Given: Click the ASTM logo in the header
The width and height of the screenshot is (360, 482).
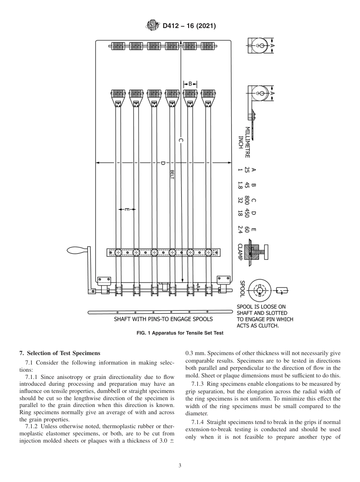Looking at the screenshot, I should tap(153, 26).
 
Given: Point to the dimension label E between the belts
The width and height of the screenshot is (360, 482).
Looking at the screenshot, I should tap(127, 209).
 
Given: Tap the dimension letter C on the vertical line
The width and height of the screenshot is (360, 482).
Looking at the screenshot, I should tap(181, 141).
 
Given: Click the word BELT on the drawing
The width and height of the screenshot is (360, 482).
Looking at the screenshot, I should tap(172, 175).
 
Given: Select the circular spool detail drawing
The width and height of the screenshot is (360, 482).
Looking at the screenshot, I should tap(260, 291).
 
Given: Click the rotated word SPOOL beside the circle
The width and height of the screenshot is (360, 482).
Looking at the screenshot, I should tap(242, 289).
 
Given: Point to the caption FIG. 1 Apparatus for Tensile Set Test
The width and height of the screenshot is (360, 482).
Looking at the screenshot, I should tap(180, 333).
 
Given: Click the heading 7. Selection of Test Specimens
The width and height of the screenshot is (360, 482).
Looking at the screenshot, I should tap(60, 353).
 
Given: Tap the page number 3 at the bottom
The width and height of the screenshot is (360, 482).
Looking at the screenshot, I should tap(180, 465).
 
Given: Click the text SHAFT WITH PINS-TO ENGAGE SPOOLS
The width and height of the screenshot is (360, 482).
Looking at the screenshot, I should tap(163, 319).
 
